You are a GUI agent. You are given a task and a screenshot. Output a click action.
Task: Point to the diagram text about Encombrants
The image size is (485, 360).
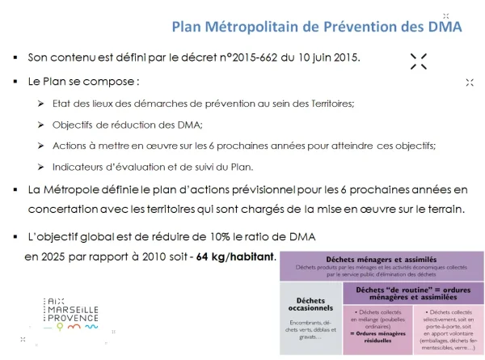click(311, 328)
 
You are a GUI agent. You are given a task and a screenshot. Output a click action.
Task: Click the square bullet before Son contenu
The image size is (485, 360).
click(16, 59)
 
